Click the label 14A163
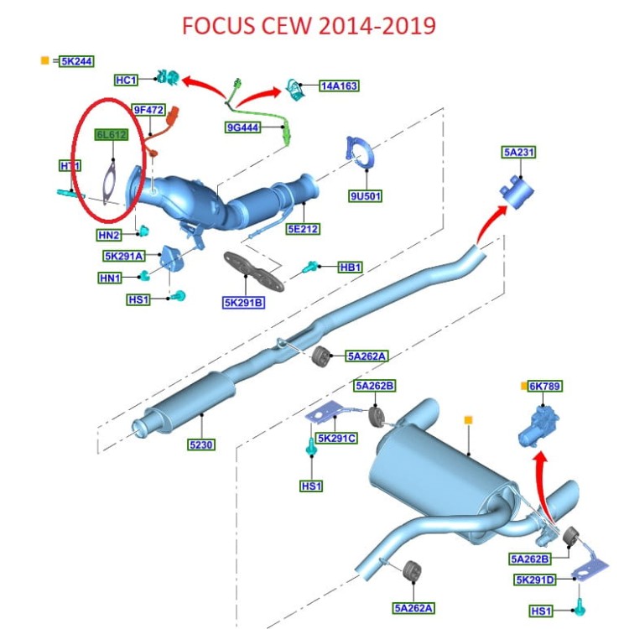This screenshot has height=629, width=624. (x=338, y=86)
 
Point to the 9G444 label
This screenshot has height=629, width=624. (x=243, y=128)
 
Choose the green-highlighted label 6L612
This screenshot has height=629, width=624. (x=112, y=134)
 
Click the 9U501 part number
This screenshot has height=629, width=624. (x=366, y=197)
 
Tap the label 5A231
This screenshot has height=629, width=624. (x=519, y=152)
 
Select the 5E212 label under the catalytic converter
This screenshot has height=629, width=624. (x=302, y=228)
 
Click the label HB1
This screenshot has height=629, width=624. (x=350, y=268)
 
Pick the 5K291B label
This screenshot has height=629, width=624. (x=243, y=303)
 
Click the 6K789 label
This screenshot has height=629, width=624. (x=545, y=387)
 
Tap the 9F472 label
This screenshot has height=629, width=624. (x=148, y=109)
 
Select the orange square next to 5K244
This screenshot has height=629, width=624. (x=44, y=60)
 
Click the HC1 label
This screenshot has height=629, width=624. (x=126, y=80)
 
